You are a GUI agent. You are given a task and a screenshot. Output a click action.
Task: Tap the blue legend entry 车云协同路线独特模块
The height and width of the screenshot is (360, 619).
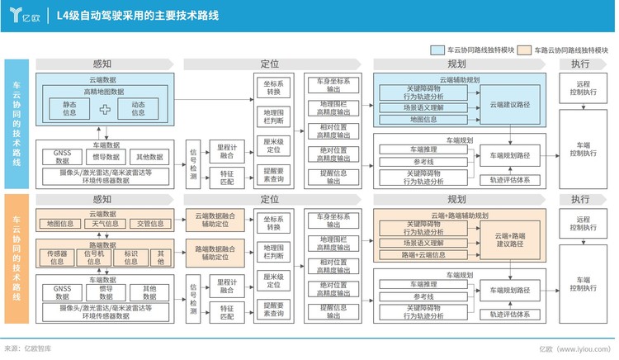tap(479, 50)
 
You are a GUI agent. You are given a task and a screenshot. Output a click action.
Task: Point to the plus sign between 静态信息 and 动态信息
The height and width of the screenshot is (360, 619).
tap(104, 109)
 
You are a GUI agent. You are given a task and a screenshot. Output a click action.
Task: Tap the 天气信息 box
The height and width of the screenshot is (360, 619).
tap(105, 224)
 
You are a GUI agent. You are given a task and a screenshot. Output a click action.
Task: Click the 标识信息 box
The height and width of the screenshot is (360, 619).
tap(130, 258)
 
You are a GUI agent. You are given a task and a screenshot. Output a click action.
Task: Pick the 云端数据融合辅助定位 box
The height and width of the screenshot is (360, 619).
tap(215, 220)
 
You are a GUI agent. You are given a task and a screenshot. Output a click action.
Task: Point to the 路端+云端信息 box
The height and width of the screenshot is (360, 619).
tap(422, 256)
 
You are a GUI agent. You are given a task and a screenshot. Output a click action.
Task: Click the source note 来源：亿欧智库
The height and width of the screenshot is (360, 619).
tap(28, 350)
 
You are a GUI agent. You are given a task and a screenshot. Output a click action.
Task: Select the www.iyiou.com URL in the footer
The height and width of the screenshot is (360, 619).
tap(587, 350)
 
